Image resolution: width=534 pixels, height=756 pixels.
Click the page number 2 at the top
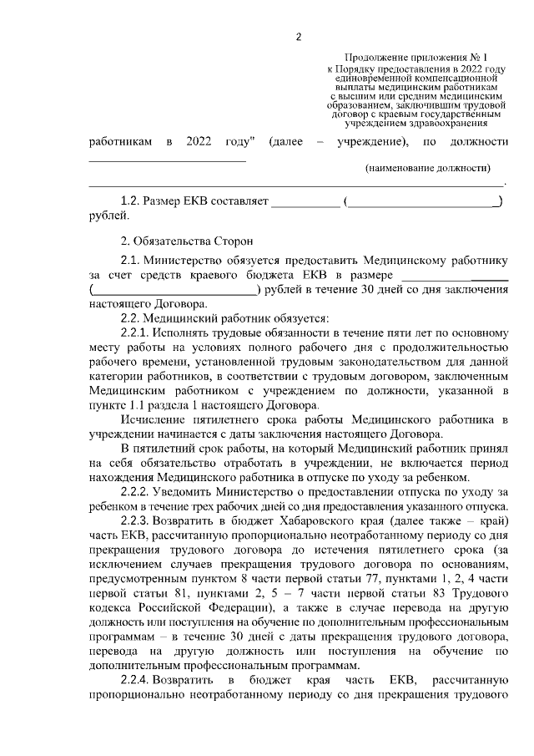click(x=298, y=36)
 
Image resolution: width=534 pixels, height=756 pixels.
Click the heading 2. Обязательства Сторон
click(x=184, y=241)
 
